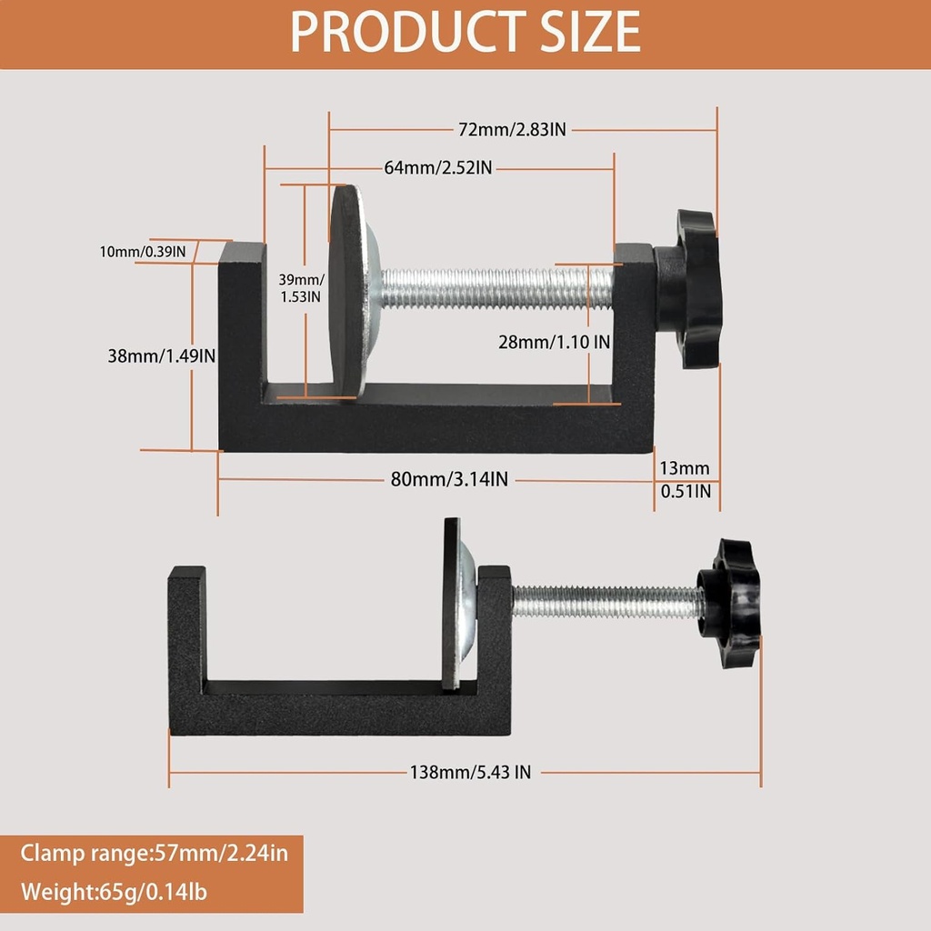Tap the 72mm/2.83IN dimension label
(x=512, y=130)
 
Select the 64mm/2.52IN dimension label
(x=438, y=167)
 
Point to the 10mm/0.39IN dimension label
(x=144, y=251)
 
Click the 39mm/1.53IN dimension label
(x=300, y=287)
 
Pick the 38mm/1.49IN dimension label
(x=162, y=356)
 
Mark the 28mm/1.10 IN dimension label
(x=554, y=342)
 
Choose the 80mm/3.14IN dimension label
(x=449, y=480)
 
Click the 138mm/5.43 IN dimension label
(x=470, y=772)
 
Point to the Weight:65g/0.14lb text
(x=115, y=891)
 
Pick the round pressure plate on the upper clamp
(x=347, y=289)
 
